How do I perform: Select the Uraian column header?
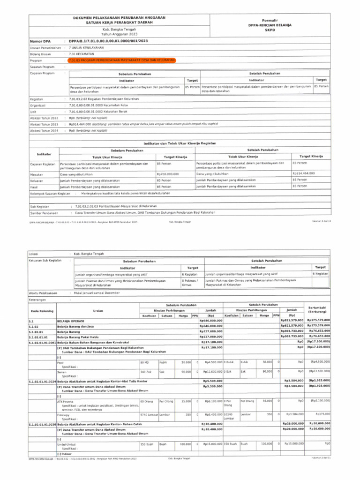tap(98, 311)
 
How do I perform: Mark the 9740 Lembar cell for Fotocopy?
tap(149, 414)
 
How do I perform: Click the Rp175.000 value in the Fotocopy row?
tap(322, 414)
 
